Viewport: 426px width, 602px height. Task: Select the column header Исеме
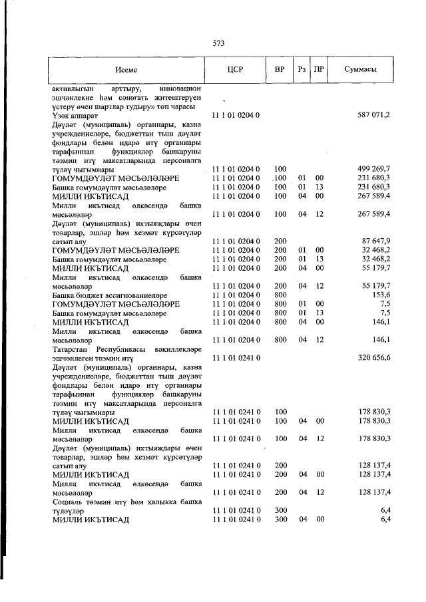click(x=126, y=70)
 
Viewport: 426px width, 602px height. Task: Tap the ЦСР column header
click(x=234, y=70)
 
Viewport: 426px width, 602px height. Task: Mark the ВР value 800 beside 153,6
click(x=280, y=294)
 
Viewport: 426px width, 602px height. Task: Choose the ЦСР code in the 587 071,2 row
click(x=234, y=115)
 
